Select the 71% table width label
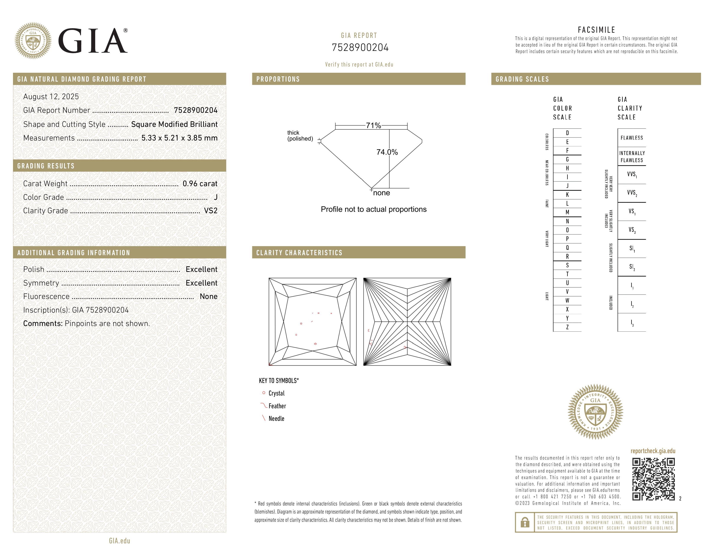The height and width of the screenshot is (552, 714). [373, 126]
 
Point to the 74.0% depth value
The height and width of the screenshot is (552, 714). [387, 152]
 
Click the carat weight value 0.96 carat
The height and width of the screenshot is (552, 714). [200, 184]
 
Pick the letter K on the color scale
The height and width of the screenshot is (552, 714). [567, 195]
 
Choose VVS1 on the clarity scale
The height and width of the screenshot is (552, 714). [632, 175]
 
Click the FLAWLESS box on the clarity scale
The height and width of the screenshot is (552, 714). [632, 138]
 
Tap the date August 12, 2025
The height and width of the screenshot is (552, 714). [51, 97]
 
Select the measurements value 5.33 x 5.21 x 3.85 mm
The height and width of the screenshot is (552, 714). [179, 138]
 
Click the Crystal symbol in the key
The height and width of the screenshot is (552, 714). [264, 393]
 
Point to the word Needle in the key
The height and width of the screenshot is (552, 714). [276, 419]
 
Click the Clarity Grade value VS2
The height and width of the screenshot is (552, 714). [211, 211]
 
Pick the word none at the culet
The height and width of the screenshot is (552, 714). [381, 193]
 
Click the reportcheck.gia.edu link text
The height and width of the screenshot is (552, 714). [653, 451]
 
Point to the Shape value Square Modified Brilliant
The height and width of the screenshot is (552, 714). [174, 124]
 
